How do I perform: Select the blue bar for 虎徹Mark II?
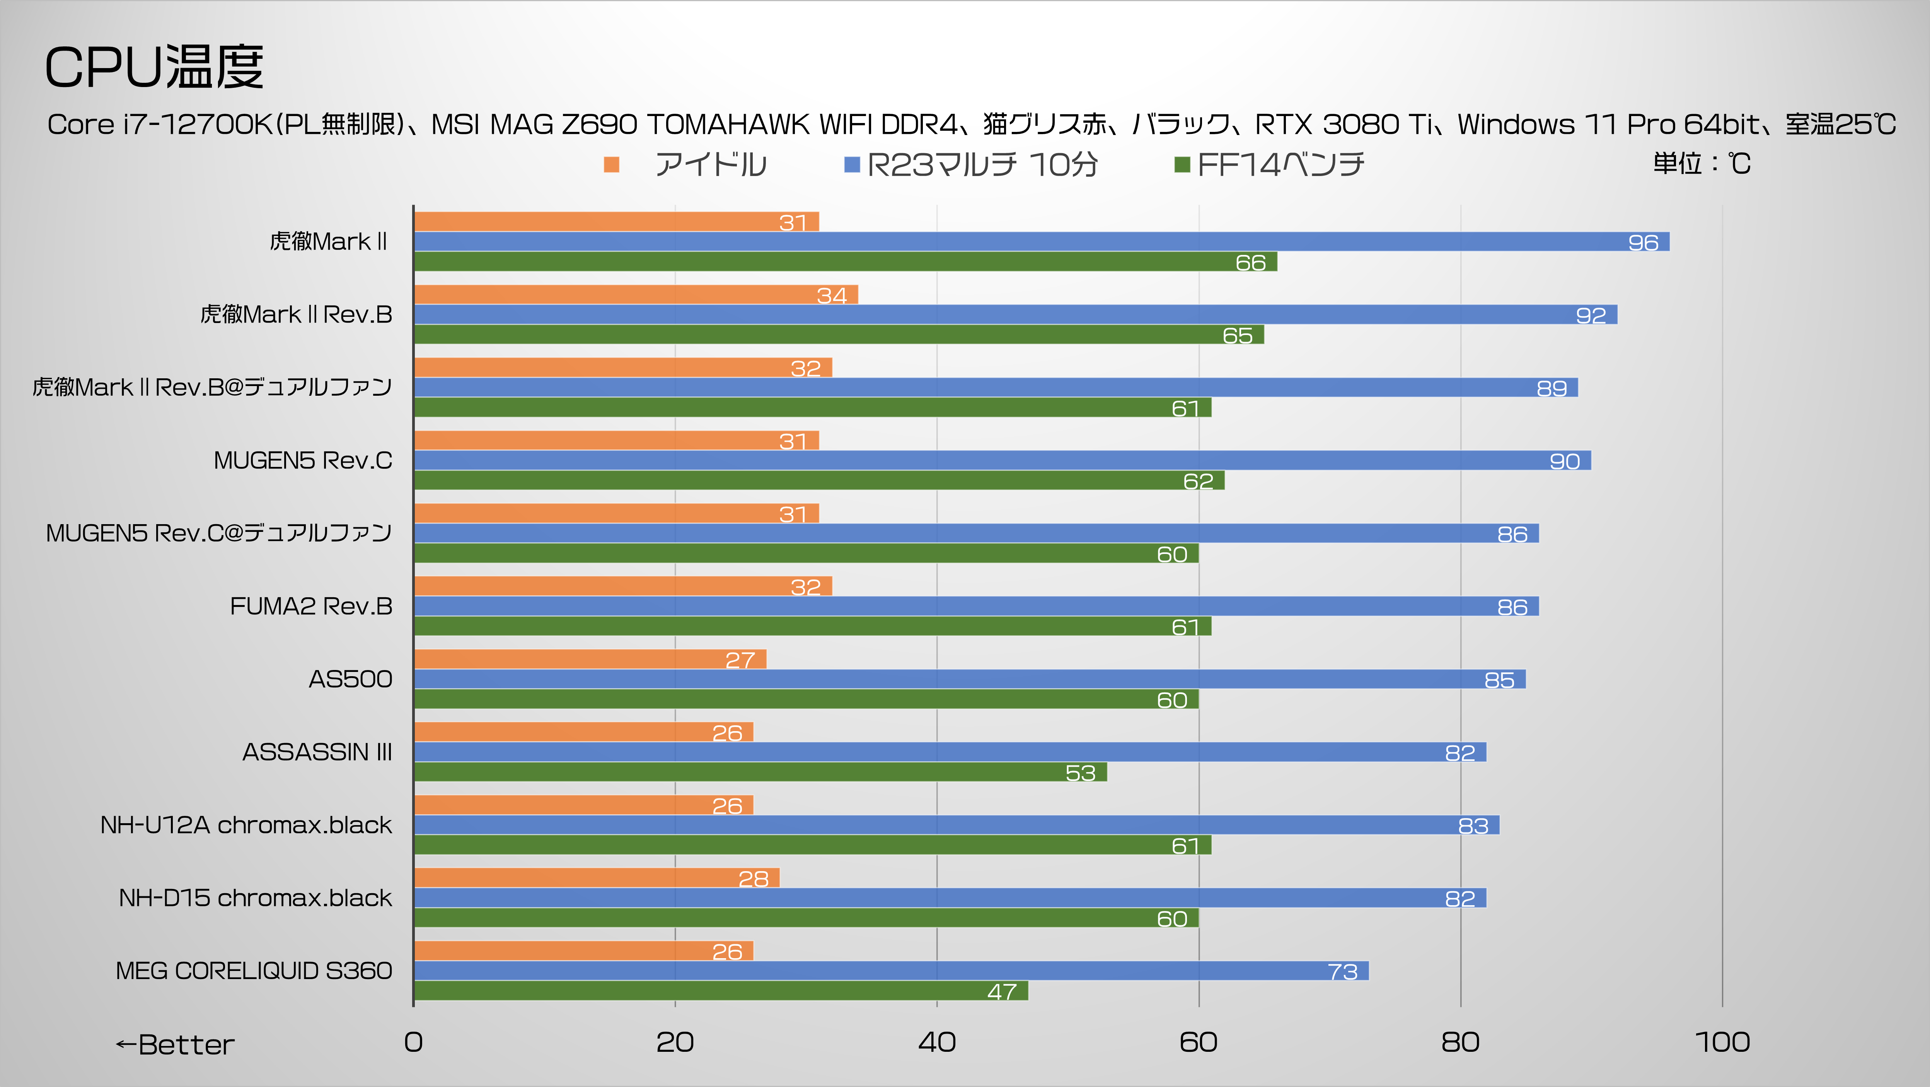point(1042,241)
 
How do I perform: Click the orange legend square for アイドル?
point(611,164)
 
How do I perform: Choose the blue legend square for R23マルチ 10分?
point(851,164)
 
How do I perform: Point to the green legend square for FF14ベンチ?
point(1182,164)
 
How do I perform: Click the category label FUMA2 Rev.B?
point(311,606)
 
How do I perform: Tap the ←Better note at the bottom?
point(175,1044)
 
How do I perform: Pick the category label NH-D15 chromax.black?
point(255,897)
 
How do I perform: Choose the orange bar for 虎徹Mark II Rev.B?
point(635,295)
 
